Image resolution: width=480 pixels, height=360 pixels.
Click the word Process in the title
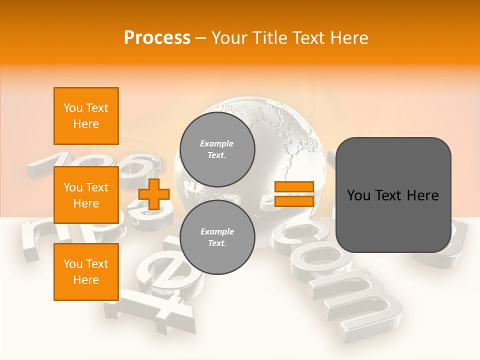tap(157, 38)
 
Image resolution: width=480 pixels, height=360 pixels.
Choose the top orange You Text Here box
tap(86, 116)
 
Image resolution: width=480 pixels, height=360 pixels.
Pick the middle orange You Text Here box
tap(86, 195)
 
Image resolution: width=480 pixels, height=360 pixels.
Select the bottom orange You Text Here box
tap(86, 272)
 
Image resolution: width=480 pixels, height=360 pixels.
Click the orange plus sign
tap(153, 194)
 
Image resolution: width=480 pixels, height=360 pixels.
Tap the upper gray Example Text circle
tap(217, 149)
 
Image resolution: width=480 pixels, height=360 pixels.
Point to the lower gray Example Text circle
tap(217, 237)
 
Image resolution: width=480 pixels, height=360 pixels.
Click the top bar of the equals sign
tap(294, 187)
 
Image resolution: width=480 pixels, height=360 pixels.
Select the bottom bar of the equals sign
tap(294, 201)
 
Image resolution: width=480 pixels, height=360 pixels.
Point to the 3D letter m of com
tap(360, 300)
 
